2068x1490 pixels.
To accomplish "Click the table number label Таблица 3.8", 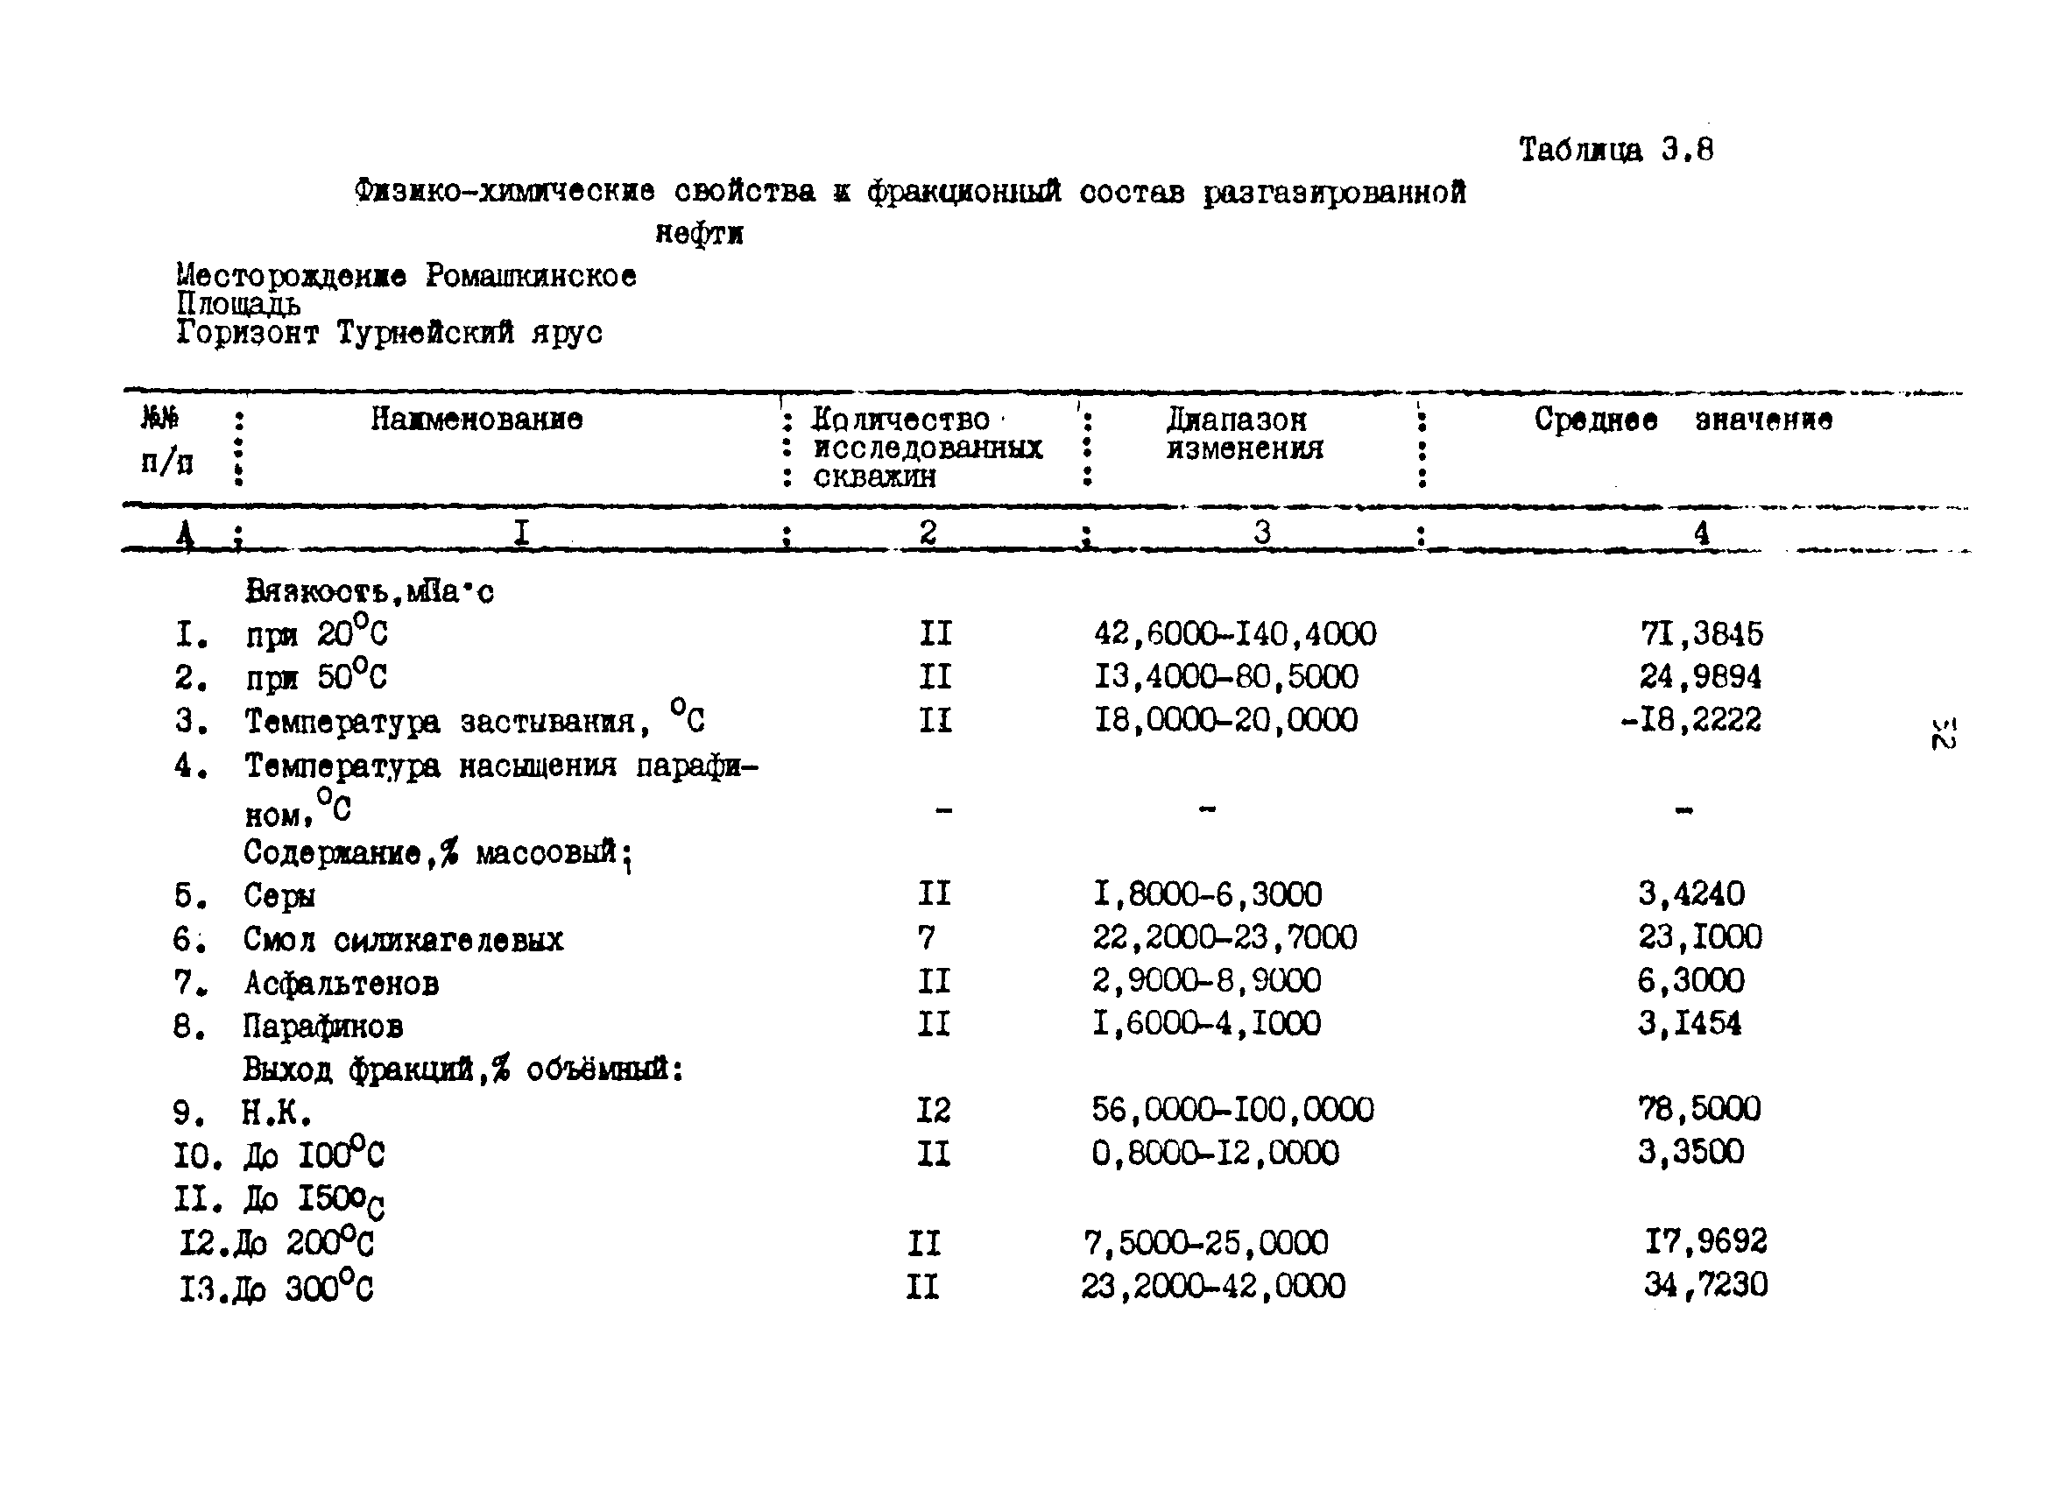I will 1615,150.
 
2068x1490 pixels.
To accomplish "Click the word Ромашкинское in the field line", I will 531,275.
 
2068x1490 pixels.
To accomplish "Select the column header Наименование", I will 476,420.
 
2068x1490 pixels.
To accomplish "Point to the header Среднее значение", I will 1683,420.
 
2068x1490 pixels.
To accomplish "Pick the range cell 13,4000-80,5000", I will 1225,676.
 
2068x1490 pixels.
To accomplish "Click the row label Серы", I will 279,895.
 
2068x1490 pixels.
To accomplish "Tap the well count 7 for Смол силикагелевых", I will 927,936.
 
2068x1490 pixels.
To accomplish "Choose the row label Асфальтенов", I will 341,983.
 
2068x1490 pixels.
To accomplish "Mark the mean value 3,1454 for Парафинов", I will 1689,1023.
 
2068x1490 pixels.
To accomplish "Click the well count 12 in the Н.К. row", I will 933,1110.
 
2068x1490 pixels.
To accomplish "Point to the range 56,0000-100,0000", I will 1232,1110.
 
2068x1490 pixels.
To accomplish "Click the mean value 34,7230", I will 1705,1285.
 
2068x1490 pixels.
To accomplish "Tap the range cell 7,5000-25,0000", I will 1204,1242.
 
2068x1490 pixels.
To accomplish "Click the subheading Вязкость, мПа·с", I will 370,592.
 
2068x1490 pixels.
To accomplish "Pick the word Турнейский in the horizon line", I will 425,333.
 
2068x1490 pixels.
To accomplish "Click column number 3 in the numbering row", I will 1261,533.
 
